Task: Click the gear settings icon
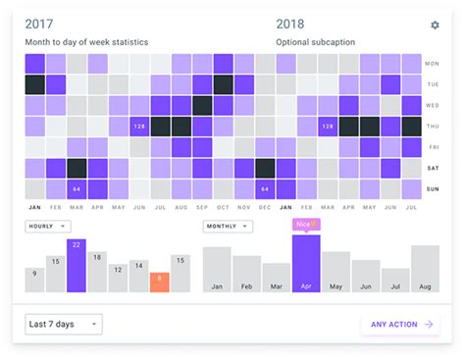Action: click(435, 26)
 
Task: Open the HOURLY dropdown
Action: click(48, 227)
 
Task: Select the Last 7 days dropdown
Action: click(63, 324)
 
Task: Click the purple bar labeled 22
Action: click(77, 266)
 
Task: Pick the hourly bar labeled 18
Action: click(97, 272)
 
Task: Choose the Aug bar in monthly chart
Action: click(425, 269)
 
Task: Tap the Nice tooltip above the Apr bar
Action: click(306, 225)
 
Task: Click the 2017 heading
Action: click(39, 25)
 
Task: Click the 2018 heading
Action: click(290, 25)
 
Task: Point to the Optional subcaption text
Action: click(315, 42)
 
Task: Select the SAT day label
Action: click(432, 168)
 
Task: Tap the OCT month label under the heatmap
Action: click(223, 208)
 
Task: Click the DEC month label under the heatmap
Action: click(265, 208)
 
